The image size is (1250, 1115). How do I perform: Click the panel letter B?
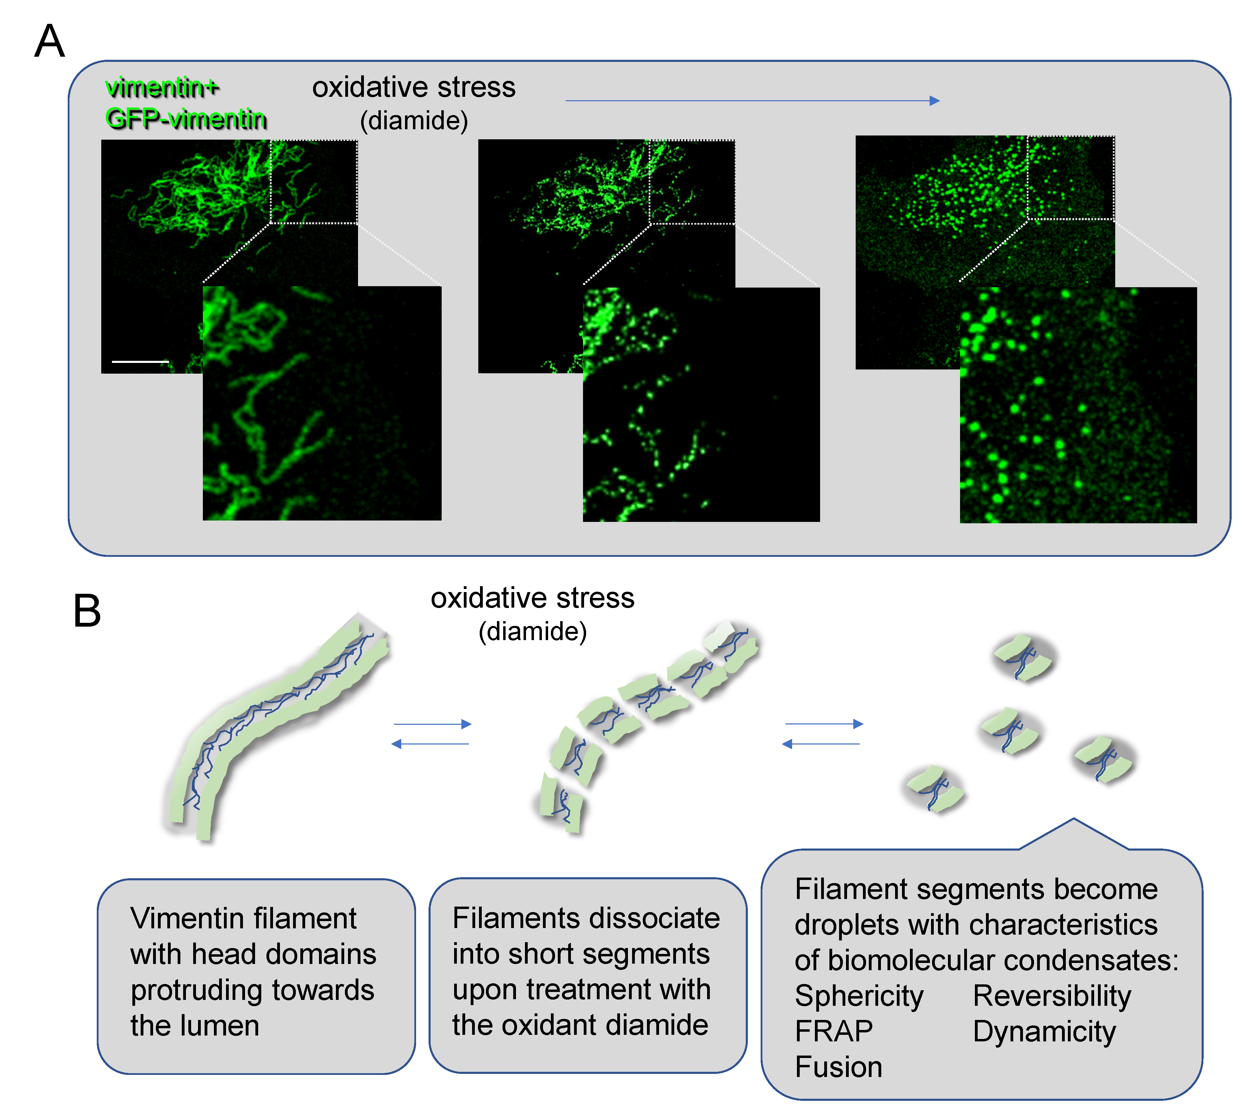click(87, 611)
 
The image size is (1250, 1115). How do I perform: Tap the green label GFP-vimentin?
click(186, 118)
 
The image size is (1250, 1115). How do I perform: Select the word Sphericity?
click(859, 996)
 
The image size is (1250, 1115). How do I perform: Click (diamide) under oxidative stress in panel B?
click(532, 631)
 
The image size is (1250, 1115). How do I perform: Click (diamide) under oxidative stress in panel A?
click(414, 121)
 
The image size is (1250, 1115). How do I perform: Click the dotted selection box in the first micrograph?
click(313, 181)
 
